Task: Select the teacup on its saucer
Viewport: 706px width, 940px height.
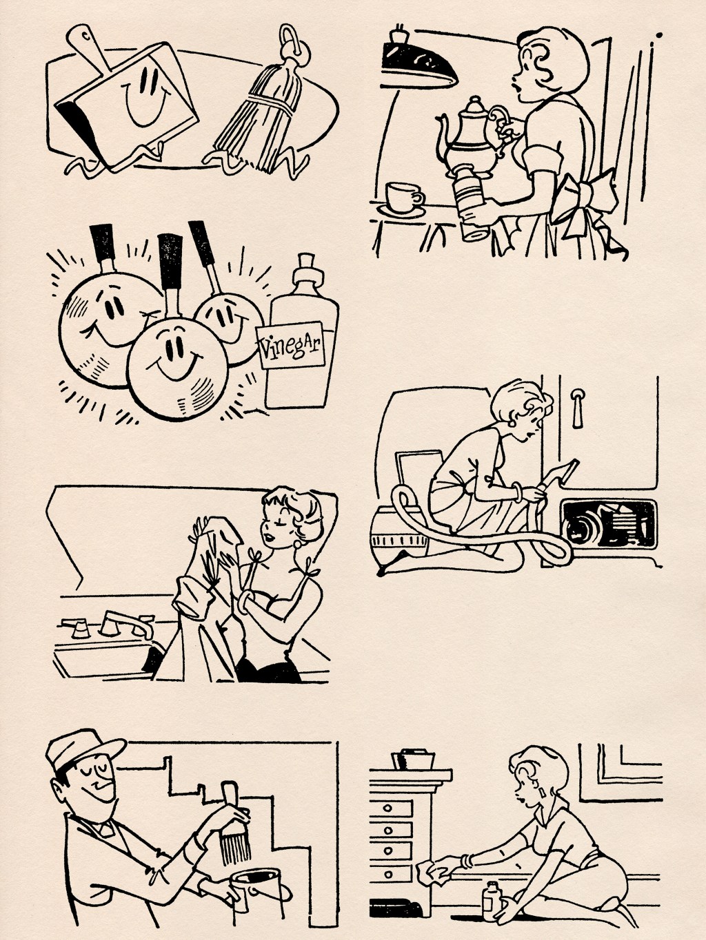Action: point(403,198)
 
